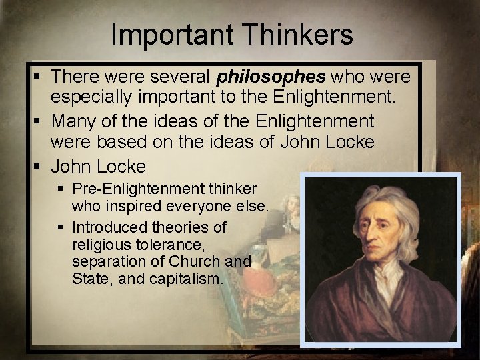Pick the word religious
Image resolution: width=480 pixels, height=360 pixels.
coord(100,245)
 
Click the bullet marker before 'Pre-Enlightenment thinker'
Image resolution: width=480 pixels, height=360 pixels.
coord(61,189)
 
